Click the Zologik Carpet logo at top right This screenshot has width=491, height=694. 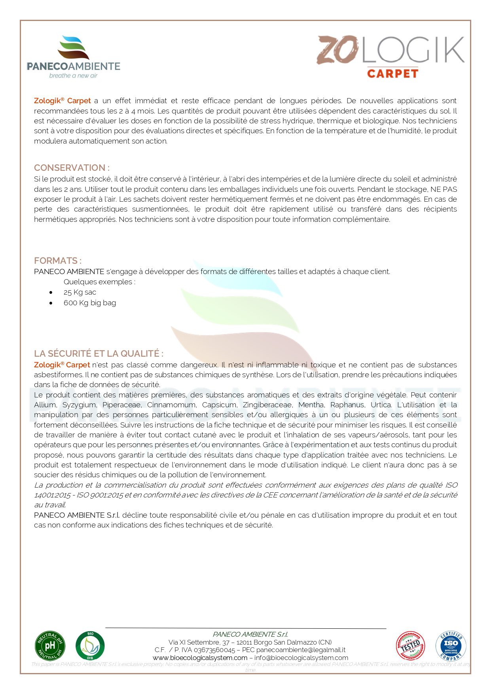point(391,56)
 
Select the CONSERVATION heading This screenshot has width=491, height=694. point(72,168)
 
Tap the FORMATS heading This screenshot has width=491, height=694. point(58,261)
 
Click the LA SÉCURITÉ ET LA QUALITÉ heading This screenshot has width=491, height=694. point(99,354)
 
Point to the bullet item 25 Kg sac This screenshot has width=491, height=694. point(80,292)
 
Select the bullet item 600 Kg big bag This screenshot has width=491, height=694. point(89,303)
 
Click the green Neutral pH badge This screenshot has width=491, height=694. point(50,646)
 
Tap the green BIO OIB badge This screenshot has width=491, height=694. point(90,646)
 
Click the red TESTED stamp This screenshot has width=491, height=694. point(410,646)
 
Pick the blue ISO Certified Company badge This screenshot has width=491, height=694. point(451,646)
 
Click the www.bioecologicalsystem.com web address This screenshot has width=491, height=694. point(200,658)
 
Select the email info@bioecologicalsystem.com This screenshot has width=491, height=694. point(301,658)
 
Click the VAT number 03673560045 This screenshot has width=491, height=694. point(214,650)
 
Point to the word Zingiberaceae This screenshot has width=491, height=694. point(267,405)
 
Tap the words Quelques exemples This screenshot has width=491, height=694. point(99,282)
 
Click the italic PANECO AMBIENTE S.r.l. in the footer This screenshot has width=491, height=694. point(250,634)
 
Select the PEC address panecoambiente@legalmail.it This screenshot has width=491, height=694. point(301,650)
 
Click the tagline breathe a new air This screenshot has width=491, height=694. point(73,76)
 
